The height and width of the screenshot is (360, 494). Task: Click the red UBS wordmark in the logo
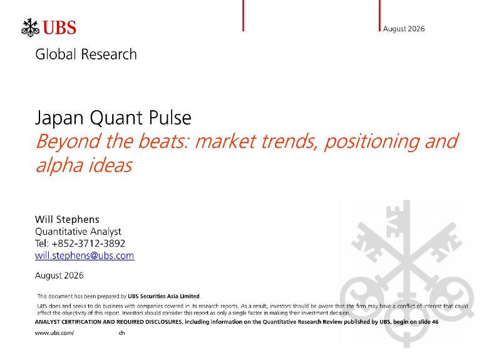[59, 28]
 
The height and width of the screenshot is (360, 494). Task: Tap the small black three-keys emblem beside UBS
[31, 28]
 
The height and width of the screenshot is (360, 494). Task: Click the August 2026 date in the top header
[404, 29]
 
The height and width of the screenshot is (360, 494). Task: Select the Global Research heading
[86, 54]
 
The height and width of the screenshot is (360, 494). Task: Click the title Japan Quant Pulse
[113, 118]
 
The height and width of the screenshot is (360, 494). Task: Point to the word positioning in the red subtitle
[372, 141]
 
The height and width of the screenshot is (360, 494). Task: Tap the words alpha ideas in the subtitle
[84, 165]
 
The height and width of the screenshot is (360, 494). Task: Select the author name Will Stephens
[67, 219]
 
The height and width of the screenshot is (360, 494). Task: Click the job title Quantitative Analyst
[78, 232]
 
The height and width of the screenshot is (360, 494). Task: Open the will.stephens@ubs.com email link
[85, 255]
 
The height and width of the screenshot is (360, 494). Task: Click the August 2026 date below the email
[59, 275]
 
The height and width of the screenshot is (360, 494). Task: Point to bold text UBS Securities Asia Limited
[163, 296]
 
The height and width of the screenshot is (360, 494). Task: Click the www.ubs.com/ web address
[54, 333]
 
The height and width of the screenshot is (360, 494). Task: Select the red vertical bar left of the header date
[379, 16]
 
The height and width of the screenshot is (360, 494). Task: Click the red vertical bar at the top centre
[243, 16]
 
